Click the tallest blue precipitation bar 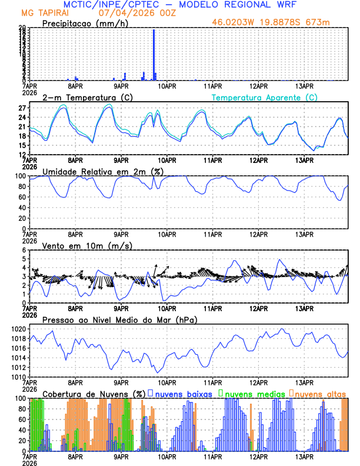(154, 54)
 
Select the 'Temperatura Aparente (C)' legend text (264, 97)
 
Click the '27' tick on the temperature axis (21, 108)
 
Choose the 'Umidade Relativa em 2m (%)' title (104, 171)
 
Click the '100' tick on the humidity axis (19, 176)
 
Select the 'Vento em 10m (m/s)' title (88, 245)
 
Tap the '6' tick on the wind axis (24, 250)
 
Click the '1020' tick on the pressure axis (18, 329)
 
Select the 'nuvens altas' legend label (320, 393)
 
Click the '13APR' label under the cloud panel (304, 456)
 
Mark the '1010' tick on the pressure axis (18, 377)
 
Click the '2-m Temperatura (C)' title (82, 97)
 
